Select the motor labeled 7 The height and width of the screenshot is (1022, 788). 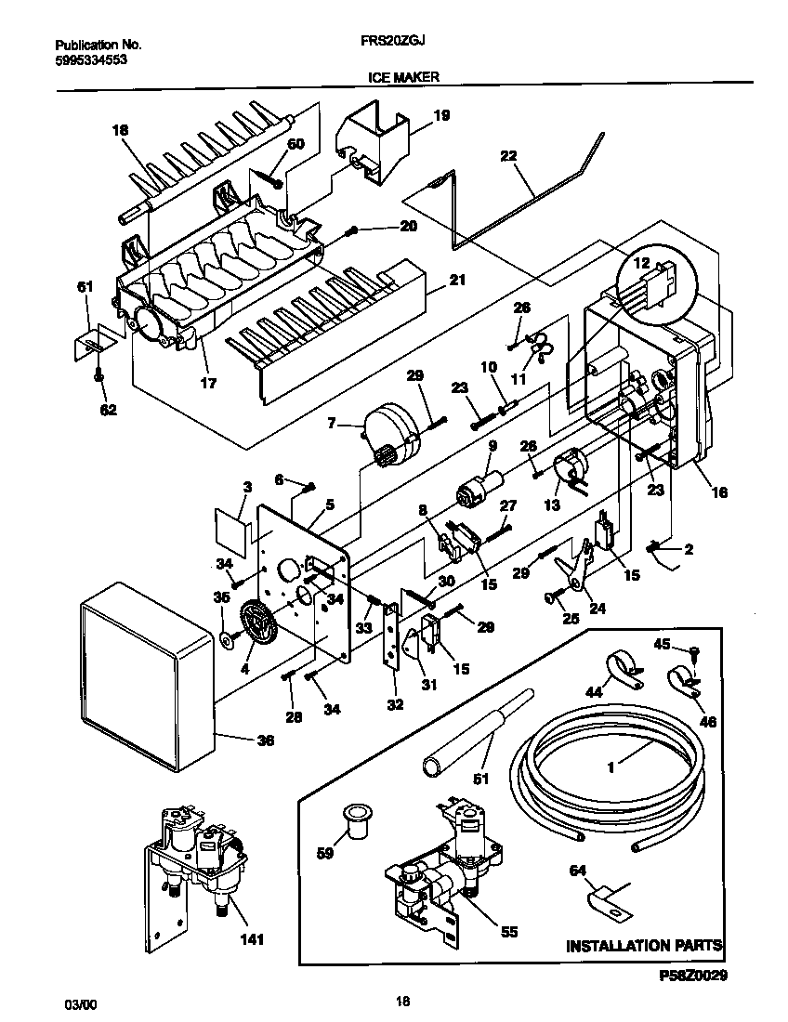tap(390, 431)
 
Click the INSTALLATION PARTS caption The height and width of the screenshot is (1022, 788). tap(644, 946)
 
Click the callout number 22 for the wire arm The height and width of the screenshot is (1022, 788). tap(508, 156)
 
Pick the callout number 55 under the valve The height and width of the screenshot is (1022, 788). tap(508, 932)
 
